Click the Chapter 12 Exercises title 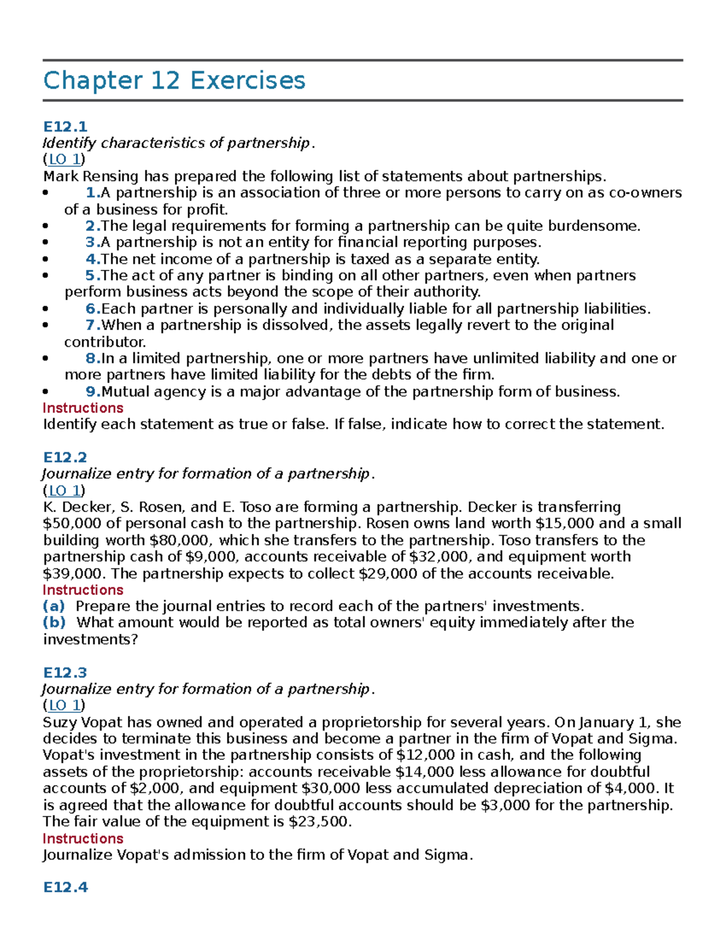(x=174, y=81)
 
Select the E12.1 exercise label (x=65, y=127)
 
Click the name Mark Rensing (x=91, y=176)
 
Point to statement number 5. (x=93, y=275)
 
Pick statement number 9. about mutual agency (x=93, y=392)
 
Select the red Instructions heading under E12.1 (x=83, y=408)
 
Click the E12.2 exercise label (x=65, y=457)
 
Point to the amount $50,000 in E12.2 (x=67, y=524)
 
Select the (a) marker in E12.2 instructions (x=54, y=606)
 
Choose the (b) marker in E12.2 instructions (x=54, y=622)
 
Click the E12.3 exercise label (x=65, y=672)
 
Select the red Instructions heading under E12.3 (x=83, y=838)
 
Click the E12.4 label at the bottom (x=65, y=887)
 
